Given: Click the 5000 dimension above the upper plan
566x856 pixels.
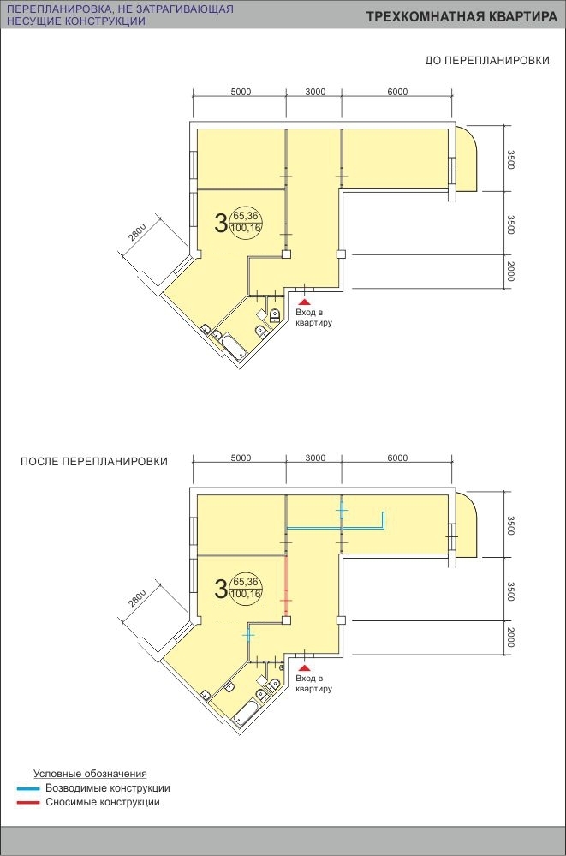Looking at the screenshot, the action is click(241, 92).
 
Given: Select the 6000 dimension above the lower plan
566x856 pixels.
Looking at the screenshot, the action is click(397, 458).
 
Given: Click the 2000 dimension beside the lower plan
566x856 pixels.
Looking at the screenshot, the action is click(509, 638).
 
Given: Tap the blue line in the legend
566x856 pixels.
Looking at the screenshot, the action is click(28, 789).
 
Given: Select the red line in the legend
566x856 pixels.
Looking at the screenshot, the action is click(28, 803).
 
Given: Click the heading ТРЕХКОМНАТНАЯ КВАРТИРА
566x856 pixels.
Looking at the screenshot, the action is click(462, 17).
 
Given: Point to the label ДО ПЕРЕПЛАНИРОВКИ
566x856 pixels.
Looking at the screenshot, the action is click(487, 61).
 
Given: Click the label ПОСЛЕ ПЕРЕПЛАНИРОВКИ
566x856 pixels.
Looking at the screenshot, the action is click(94, 461).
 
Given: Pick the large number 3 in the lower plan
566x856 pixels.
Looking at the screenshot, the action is click(221, 589).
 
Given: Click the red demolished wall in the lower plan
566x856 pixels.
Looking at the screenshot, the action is click(287, 585).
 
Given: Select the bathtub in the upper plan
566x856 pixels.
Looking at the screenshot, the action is click(233, 348).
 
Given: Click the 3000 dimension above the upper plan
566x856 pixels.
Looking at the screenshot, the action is click(315, 92).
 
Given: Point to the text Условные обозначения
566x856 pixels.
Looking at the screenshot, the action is click(90, 774).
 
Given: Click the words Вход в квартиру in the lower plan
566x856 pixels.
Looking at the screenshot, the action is click(314, 684).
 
